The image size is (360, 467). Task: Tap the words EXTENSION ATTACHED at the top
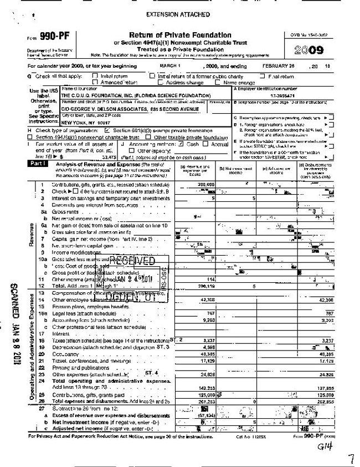coord(178,13)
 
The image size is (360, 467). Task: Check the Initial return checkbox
coord(95,77)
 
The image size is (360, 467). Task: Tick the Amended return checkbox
coord(95,82)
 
